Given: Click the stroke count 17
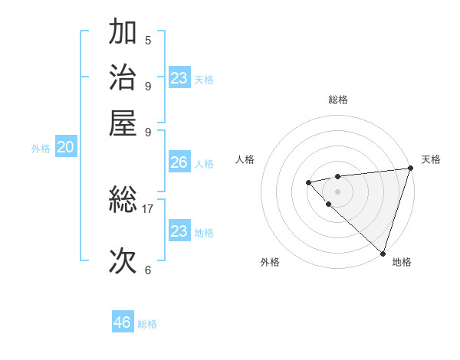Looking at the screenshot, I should click(x=148, y=208).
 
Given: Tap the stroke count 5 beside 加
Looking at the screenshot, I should click(x=148, y=40).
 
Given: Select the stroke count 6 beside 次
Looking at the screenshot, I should click(x=148, y=270).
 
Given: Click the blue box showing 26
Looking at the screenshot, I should click(x=179, y=162).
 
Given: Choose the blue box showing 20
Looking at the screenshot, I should click(x=66, y=149).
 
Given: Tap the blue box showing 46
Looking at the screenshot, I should click(x=123, y=322).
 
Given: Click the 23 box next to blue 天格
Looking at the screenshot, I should click(x=179, y=78).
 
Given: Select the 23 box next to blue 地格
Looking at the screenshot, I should click(x=179, y=231).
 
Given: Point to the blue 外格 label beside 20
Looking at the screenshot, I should click(x=41, y=149).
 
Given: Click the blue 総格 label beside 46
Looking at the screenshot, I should click(x=147, y=324).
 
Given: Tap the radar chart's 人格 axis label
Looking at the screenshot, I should click(x=245, y=159).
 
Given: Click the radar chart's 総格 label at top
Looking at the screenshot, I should click(x=337, y=100).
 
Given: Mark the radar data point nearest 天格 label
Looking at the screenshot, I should click(x=410, y=169).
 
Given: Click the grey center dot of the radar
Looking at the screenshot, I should click(x=337, y=191).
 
